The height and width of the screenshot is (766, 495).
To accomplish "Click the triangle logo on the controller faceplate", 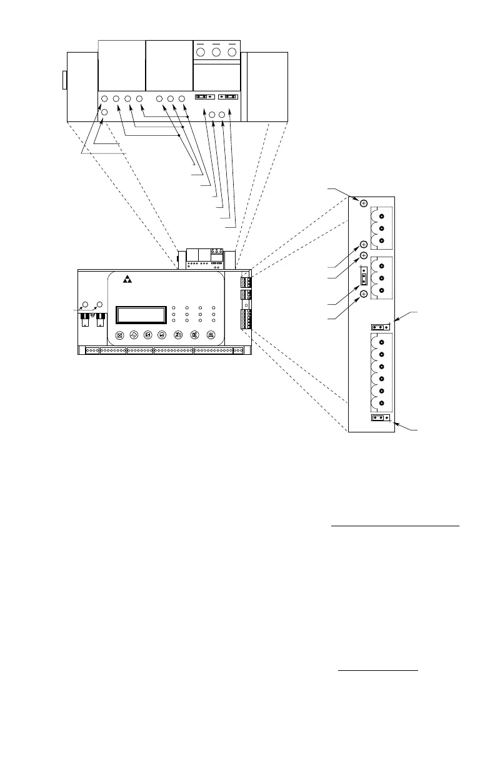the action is pyautogui.click(x=128, y=279).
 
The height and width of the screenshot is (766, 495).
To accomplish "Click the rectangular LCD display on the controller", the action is pyautogui.click(x=141, y=315).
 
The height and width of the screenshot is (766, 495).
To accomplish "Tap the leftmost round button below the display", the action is pyautogui.click(x=121, y=335).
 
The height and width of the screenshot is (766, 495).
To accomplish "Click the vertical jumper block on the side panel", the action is pyautogui.click(x=364, y=276).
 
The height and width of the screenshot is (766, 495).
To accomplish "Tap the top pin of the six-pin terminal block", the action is pyautogui.click(x=382, y=342).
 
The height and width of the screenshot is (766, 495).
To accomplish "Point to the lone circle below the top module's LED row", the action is pyautogui.click(x=104, y=111).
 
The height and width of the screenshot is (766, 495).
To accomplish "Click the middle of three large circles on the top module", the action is pyautogui.click(x=216, y=51).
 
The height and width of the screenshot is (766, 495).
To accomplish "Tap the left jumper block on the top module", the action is pyautogui.click(x=205, y=98).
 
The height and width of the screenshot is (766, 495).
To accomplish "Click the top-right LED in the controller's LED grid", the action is pyautogui.click(x=213, y=308).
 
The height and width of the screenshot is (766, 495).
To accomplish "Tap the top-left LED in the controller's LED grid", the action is pyautogui.click(x=173, y=308).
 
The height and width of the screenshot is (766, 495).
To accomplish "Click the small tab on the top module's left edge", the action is pyautogui.click(x=64, y=80).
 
